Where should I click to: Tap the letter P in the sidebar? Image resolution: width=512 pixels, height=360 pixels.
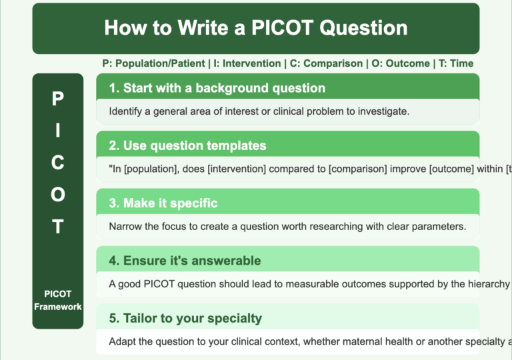tap(58, 99)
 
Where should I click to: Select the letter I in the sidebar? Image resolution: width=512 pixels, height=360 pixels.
tap(58, 131)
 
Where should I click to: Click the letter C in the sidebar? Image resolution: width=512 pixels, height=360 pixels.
tap(58, 163)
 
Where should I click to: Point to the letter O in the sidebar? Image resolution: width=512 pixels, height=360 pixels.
tap(58, 195)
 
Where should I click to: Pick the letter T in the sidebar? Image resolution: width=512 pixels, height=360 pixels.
tap(58, 227)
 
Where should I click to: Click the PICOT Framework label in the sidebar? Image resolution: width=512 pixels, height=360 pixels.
tap(58, 300)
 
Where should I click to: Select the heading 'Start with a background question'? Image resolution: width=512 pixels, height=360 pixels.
tap(217, 88)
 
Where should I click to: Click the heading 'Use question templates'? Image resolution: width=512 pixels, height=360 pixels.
tap(187, 145)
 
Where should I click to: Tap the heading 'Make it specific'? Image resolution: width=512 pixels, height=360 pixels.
tap(163, 203)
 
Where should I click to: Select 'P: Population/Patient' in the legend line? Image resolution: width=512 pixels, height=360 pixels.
tap(153, 63)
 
